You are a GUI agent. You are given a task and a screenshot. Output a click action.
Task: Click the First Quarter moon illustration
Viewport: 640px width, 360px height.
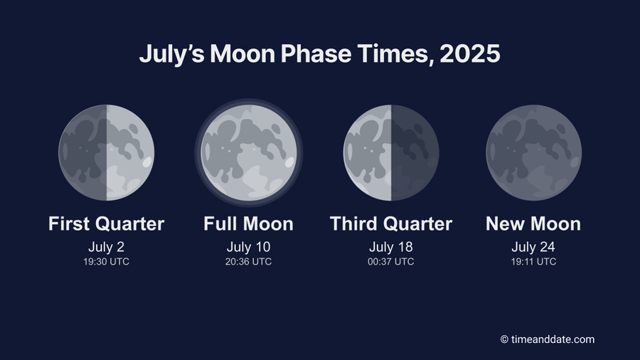(x=107, y=153)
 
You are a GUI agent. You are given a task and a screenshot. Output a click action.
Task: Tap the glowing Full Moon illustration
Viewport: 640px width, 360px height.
(x=249, y=153)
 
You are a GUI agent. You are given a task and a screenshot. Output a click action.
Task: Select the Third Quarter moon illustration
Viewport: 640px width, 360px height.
(x=391, y=153)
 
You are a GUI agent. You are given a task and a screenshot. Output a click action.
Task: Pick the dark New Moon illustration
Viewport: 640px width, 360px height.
(x=533, y=153)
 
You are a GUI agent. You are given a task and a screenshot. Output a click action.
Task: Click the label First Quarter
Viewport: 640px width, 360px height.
(x=107, y=224)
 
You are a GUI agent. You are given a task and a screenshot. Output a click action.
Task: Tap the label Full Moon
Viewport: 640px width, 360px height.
(x=249, y=224)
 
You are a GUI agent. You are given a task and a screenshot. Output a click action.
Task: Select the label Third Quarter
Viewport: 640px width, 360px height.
(x=391, y=224)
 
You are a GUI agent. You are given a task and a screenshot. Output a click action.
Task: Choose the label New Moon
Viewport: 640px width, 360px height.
(x=533, y=224)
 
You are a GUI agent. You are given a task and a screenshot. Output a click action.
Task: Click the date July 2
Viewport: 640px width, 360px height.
(x=107, y=247)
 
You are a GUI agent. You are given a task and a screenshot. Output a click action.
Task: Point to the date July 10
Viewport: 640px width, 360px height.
(x=249, y=247)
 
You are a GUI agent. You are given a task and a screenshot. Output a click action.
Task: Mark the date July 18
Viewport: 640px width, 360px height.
(x=391, y=247)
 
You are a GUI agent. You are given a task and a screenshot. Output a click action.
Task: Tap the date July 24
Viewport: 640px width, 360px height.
(x=533, y=247)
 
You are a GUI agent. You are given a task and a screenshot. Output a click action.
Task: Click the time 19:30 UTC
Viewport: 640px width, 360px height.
(x=107, y=262)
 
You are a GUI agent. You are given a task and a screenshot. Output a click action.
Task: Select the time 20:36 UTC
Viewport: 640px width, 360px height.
(x=249, y=262)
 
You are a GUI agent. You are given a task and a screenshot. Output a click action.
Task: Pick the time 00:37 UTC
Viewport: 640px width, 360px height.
(x=391, y=262)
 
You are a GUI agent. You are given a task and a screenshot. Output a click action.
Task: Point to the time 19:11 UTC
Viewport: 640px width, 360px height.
(x=533, y=262)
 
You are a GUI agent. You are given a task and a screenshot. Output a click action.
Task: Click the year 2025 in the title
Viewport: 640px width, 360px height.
(x=470, y=53)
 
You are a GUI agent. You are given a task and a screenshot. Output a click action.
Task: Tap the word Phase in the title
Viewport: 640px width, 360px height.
(x=316, y=53)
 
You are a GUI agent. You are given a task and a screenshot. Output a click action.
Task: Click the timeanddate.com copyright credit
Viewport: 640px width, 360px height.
(x=548, y=339)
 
